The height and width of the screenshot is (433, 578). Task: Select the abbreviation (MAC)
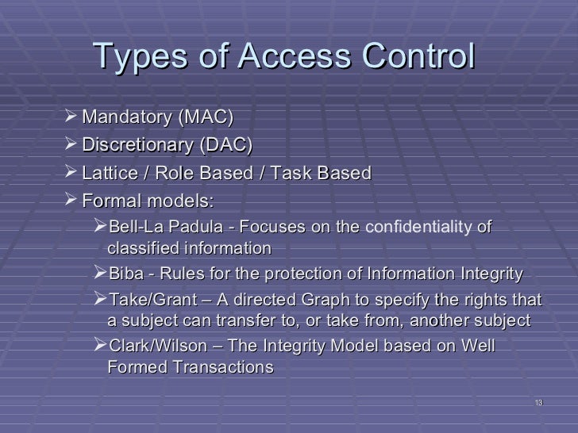click(206, 119)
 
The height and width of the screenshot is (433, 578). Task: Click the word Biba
click(125, 274)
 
